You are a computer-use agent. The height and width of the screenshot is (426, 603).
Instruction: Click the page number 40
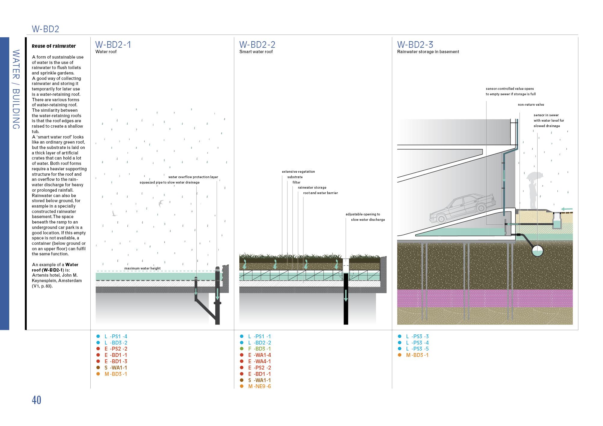pyautogui.click(x=36, y=400)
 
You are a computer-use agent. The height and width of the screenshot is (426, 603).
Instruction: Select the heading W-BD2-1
pyautogui.click(x=113, y=44)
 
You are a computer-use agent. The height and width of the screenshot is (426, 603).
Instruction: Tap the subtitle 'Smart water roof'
pyautogui.click(x=256, y=52)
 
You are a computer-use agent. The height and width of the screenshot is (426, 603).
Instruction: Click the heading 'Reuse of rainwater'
pyautogui.click(x=54, y=46)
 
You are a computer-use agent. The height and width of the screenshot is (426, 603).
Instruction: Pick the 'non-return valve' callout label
pyautogui.click(x=531, y=105)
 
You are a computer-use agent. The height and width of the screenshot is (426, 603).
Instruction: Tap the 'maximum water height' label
pyautogui.click(x=142, y=268)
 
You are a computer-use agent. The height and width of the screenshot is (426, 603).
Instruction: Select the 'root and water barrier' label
pyautogui.click(x=320, y=193)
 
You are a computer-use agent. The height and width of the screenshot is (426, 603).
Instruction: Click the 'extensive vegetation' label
pyautogui.click(x=298, y=172)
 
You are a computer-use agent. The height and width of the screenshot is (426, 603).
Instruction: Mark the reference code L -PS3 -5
pyautogui.click(x=417, y=349)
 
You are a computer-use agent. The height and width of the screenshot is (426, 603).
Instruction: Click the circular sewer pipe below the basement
pyautogui.click(x=538, y=251)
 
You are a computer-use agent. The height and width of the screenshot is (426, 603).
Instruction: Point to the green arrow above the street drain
pyautogui.click(x=567, y=209)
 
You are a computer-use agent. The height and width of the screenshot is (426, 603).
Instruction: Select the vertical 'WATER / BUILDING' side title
pyautogui.click(x=16, y=89)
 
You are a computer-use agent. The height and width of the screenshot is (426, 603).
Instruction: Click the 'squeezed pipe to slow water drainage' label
pyautogui.click(x=169, y=182)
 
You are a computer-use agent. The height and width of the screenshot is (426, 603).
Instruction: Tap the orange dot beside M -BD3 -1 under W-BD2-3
pyautogui.click(x=399, y=355)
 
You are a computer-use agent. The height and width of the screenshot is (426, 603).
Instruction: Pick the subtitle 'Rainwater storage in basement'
pyautogui.click(x=428, y=52)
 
